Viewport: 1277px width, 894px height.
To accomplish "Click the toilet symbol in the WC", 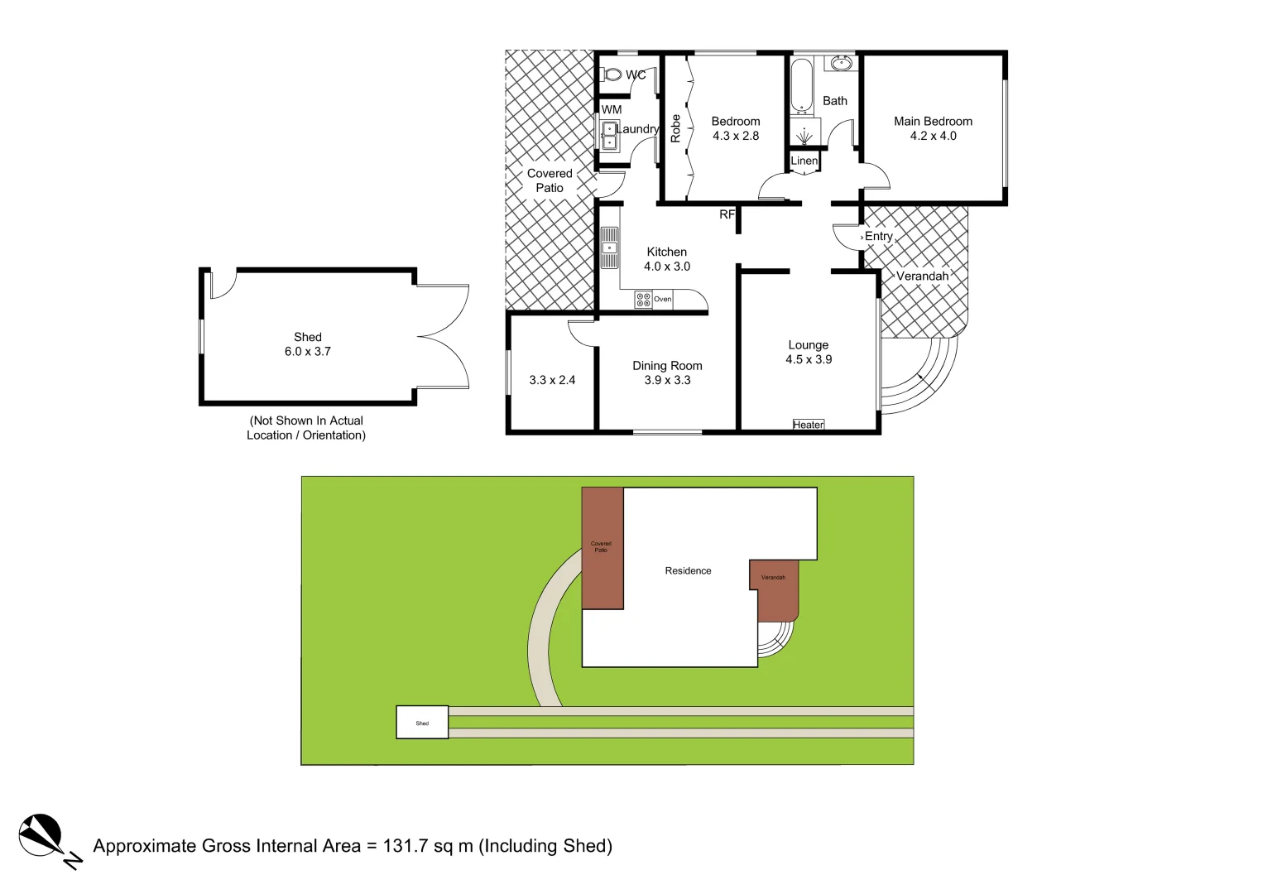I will click(613, 74).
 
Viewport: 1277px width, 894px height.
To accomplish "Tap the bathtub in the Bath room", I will click(801, 85).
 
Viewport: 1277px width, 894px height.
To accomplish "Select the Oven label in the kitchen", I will click(663, 299).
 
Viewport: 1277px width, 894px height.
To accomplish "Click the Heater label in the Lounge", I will click(809, 425).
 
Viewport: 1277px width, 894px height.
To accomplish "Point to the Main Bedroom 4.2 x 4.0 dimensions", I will click(934, 136).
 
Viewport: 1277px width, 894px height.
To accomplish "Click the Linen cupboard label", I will click(804, 161).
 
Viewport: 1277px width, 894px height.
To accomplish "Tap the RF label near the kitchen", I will click(727, 214).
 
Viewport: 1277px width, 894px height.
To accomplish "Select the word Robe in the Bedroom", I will click(675, 128).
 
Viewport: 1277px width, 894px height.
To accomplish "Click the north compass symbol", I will click(41, 835).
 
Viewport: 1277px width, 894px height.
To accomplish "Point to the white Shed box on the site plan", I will click(422, 723).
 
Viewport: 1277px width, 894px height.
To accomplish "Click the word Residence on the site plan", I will click(688, 570).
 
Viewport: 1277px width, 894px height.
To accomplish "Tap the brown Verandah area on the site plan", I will click(775, 592).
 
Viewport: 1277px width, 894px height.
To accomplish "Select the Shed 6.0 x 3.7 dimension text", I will click(308, 351).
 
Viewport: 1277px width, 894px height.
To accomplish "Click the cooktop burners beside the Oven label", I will click(643, 299).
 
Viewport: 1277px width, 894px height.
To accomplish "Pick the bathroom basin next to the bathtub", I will click(842, 63).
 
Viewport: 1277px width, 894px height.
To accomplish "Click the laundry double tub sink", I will click(610, 136).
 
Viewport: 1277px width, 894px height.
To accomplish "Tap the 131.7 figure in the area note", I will click(406, 846).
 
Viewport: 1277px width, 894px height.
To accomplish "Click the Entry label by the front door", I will click(879, 237).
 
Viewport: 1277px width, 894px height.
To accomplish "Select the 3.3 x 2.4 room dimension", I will click(552, 380).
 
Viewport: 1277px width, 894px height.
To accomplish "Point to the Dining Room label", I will click(667, 366).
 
